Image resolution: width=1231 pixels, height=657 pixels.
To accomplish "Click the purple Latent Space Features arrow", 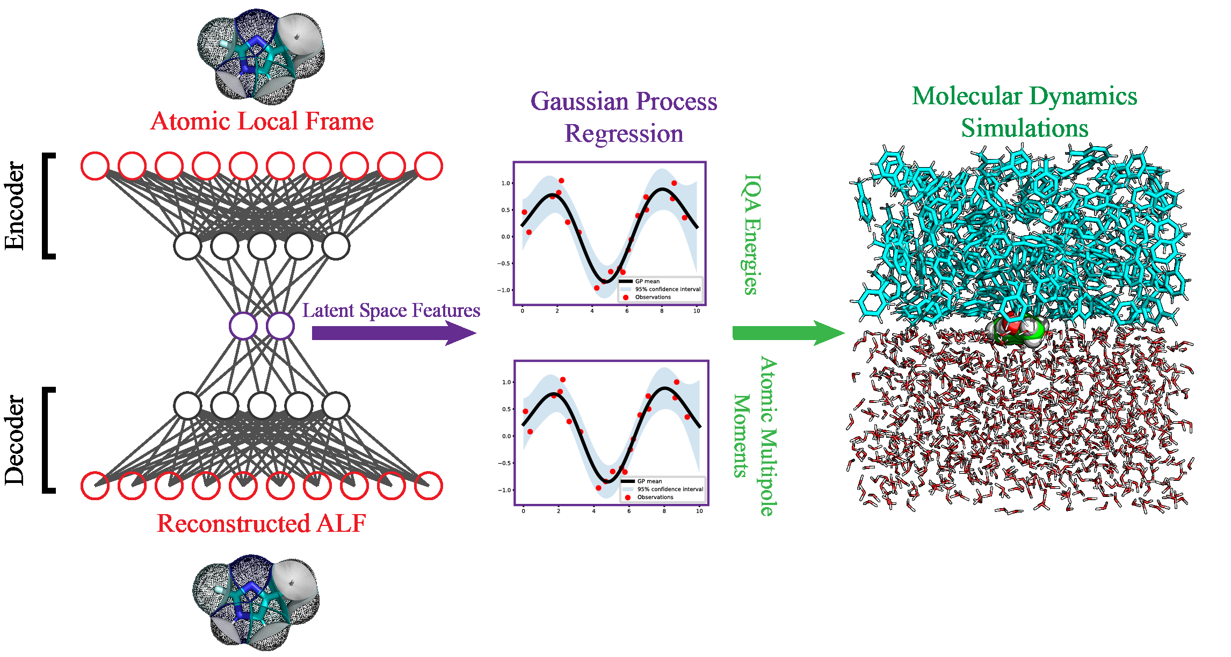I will click(392, 333).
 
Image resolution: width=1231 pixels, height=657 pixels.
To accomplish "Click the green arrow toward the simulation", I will click(787, 333).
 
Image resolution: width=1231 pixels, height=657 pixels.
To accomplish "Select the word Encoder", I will click(15, 206).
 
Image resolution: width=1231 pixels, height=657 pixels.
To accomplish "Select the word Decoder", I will click(15, 441).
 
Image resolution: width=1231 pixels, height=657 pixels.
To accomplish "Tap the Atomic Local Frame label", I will click(262, 121).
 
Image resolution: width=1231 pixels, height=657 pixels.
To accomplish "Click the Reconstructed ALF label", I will click(262, 523).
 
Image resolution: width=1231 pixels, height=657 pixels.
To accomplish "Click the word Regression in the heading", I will click(624, 134).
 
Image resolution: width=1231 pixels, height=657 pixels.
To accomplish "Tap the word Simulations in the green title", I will click(1024, 128).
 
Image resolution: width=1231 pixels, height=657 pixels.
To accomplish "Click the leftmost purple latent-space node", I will click(243, 326).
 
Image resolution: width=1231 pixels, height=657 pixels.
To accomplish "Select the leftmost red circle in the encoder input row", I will click(95, 166).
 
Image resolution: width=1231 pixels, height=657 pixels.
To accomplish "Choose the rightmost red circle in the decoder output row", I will click(429, 486).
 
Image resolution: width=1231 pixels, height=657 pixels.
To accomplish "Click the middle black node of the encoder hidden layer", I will click(262, 247).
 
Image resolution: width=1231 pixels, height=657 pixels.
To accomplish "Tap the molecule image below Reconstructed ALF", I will click(256, 602).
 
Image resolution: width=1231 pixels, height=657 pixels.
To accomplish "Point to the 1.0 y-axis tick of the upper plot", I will click(505, 183).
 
